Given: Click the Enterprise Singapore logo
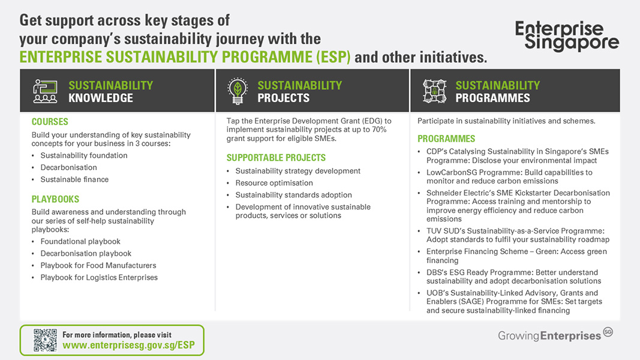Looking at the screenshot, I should coord(567,36).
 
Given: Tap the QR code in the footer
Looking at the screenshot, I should coord(45,340).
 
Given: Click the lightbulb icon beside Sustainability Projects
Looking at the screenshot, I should coord(238,91).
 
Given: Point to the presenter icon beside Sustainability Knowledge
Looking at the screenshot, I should coord(45,91).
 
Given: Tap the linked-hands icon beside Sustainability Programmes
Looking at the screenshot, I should coord(434,91).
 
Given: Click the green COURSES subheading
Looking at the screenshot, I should coord(50,122).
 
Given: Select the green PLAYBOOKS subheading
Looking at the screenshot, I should coord(55,199).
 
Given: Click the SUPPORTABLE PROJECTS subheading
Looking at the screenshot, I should coord(276,158).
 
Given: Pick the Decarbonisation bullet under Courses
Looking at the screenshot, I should coord(68,167).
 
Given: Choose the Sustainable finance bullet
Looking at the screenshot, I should coord(74,179).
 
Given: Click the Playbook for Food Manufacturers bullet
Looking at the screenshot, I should coord(98,265).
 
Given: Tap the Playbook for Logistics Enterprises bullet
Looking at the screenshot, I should coord(99,277).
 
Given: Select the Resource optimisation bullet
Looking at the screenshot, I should coord(274,183).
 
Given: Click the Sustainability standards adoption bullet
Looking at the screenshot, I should coord(293,195).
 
